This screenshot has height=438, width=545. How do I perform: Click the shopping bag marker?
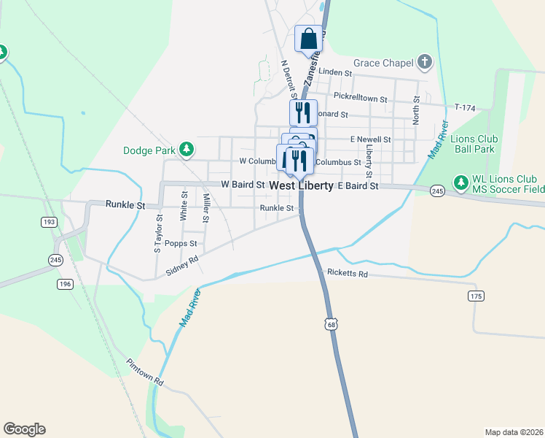308,38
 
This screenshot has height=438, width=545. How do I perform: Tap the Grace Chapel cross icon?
425,64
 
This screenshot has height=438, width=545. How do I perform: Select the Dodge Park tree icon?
187,150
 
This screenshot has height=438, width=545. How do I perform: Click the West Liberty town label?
301,186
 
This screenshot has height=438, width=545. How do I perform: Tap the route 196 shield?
65,284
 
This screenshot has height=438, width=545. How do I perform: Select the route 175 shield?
477,295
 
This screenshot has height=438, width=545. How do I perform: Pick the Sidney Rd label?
182,265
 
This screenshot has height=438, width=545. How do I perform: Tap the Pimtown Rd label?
144,372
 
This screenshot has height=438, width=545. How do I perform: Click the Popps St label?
181,243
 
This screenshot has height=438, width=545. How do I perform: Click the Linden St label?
336,74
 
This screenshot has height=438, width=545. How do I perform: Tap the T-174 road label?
464,108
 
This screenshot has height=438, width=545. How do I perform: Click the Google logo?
24,429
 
